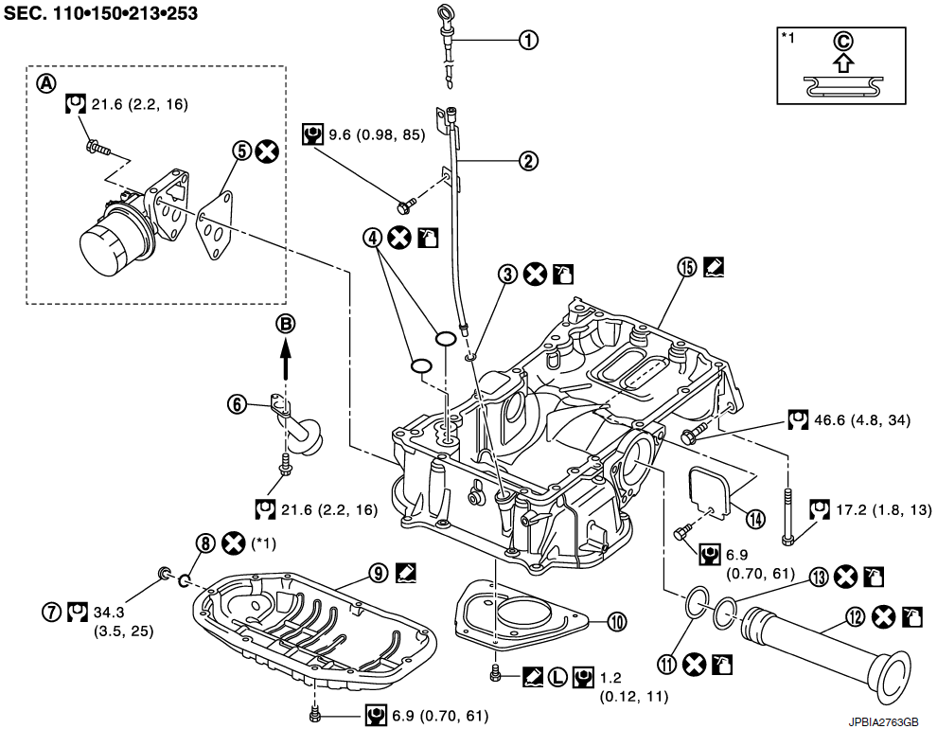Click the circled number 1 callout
coord(527,40)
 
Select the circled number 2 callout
coord(527,161)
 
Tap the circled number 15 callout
coord(686,267)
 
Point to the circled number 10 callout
coord(617,622)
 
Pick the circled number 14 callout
coord(754,517)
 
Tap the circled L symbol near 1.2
coord(557,677)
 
